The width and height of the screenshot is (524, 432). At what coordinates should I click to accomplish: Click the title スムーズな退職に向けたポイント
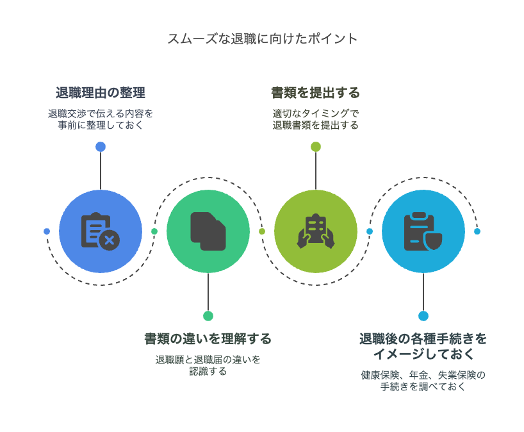tap(262, 38)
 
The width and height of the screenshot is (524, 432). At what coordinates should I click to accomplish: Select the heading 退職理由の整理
tap(101, 92)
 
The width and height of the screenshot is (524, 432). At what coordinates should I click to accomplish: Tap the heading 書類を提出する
tap(315, 92)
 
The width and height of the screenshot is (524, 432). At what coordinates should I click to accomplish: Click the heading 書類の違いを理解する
tap(208, 338)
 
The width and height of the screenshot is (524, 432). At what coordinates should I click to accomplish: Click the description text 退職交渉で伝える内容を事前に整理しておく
tap(101, 119)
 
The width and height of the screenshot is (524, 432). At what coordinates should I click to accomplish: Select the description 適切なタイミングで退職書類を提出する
tap(315, 119)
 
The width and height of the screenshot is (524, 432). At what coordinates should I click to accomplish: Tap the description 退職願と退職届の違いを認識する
tap(208, 365)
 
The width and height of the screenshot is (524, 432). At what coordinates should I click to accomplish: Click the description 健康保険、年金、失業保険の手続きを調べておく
tap(423, 381)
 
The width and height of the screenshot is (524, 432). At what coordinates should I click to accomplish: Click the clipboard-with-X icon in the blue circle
tap(101, 231)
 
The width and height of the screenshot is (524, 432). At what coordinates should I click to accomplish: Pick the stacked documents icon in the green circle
tap(208, 231)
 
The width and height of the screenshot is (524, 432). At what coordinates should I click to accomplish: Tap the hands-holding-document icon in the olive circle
tap(315, 231)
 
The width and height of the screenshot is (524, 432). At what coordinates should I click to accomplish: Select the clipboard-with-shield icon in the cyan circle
tap(423, 231)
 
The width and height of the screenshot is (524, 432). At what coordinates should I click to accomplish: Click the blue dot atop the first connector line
tap(101, 147)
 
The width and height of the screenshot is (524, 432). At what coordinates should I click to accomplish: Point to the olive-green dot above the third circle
tap(315, 147)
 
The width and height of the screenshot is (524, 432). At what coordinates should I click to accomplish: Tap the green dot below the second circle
tap(208, 316)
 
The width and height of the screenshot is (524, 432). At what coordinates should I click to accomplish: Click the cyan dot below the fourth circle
tap(423, 316)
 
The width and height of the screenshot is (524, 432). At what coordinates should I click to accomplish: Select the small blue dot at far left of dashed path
tap(47, 231)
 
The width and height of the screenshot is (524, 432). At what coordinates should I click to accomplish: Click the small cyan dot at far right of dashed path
tap(477, 231)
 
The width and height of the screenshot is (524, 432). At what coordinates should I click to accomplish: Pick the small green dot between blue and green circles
tap(154, 231)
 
